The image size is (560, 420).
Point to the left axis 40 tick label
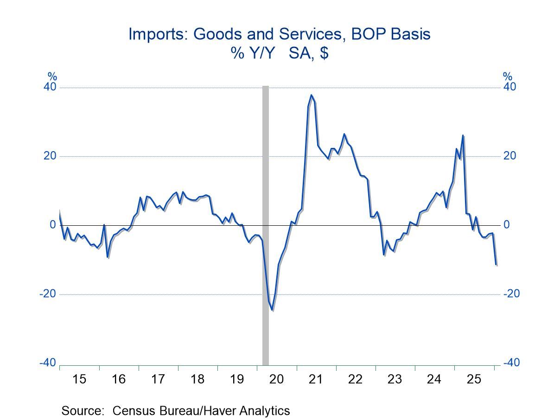coord(50,87)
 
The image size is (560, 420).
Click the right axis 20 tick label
coord(509,156)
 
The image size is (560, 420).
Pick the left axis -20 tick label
coord(48,294)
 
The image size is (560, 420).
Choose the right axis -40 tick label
coord(512,363)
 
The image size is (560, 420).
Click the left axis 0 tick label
coord(53,225)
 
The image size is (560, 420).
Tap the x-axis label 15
coord(79,379)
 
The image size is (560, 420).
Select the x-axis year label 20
coord(276,379)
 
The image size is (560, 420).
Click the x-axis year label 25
coord(473,379)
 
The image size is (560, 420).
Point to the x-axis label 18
coord(197,379)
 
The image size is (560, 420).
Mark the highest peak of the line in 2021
coord(311,95)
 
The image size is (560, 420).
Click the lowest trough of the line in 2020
coord(273,310)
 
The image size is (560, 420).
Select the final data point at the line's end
coord(496,265)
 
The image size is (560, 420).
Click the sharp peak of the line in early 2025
coord(463,135)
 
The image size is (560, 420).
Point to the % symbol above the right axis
coord(508,77)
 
